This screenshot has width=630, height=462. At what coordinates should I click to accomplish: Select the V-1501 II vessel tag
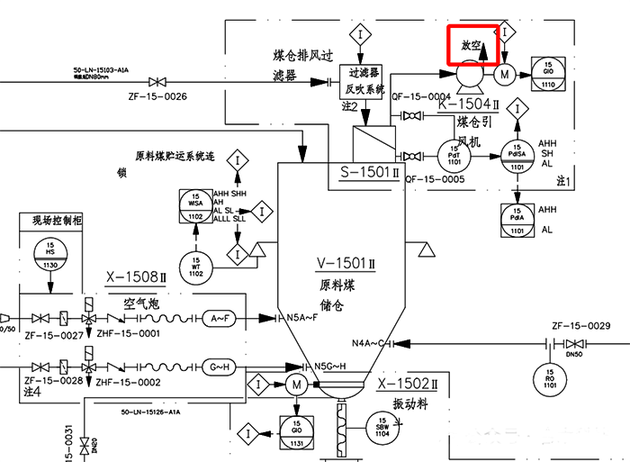click(346, 263)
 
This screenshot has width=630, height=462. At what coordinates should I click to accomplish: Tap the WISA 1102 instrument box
click(195, 205)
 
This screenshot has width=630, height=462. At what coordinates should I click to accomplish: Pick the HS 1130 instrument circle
click(49, 255)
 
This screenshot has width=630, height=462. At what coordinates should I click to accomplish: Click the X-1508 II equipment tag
click(137, 276)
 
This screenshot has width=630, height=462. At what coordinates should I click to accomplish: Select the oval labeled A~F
click(222, 318)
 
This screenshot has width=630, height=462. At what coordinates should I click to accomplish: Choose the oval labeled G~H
click(222, 367)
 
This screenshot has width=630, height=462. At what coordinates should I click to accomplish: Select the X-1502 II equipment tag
click(407, 385)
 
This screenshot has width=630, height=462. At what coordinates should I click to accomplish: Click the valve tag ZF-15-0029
click(580, 326)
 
